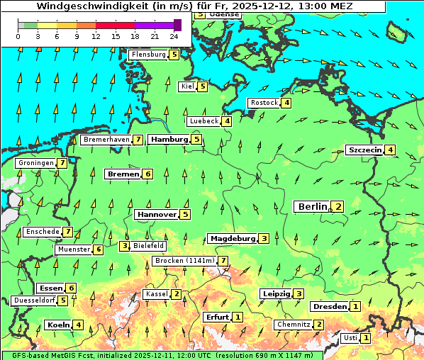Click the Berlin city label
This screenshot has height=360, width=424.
(311, 207)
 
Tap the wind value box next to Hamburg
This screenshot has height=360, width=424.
(197, 140)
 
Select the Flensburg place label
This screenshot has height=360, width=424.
(148, 55)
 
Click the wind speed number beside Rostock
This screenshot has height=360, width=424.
(286, 103)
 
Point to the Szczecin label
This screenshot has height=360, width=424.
(364, 150)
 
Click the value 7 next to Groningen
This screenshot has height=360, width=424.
(62, 163)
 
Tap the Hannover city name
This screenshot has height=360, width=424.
(156, 214)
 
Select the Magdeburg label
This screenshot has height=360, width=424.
(232, 238)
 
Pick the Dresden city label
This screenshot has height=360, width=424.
(329, 307)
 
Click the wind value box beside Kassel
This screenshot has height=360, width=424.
(176, 294)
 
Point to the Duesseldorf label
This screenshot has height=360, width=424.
(34, 300)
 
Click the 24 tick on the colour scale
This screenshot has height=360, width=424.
(174, 35)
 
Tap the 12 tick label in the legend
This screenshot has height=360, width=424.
(96, 35)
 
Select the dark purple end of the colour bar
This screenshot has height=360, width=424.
(177, 25)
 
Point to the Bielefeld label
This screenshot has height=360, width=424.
(149, 246)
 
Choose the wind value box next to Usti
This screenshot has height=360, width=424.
(365, 338)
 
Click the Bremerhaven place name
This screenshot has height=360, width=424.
(106, 140)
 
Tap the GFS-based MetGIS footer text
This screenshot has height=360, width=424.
(50, 355)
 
